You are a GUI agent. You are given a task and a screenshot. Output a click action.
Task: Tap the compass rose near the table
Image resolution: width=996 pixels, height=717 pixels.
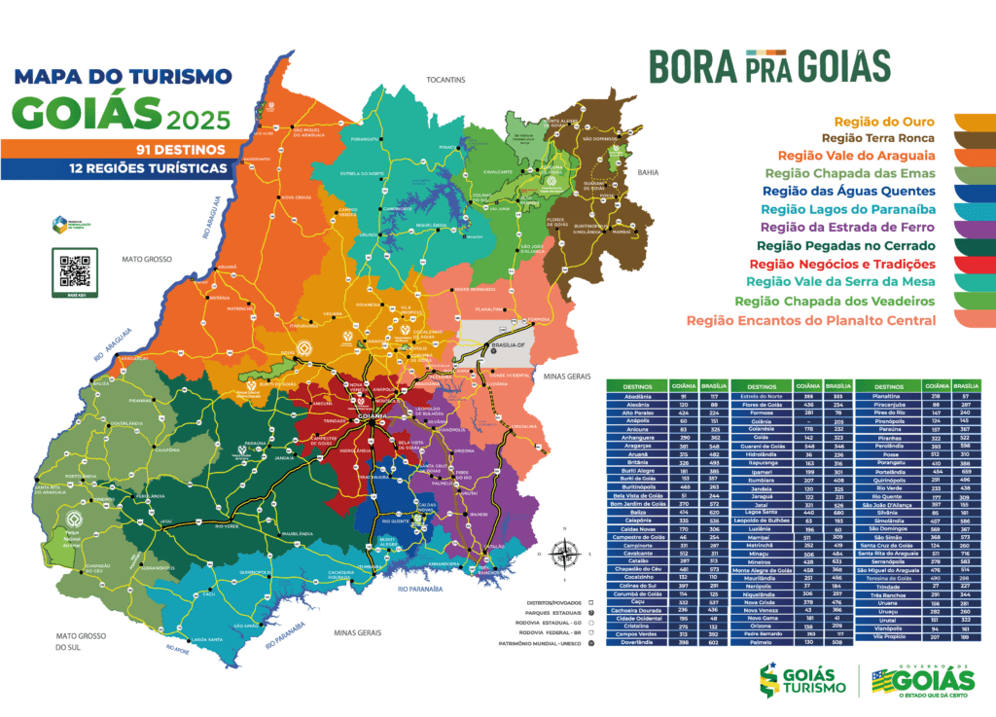[563, 555]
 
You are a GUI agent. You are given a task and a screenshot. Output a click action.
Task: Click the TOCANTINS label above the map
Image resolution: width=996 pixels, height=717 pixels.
[446, 79]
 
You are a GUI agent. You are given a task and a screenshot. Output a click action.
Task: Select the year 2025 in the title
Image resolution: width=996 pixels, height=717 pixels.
[199, 120]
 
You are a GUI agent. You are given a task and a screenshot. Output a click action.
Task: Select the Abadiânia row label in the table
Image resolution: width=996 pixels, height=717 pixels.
[631, 396]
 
